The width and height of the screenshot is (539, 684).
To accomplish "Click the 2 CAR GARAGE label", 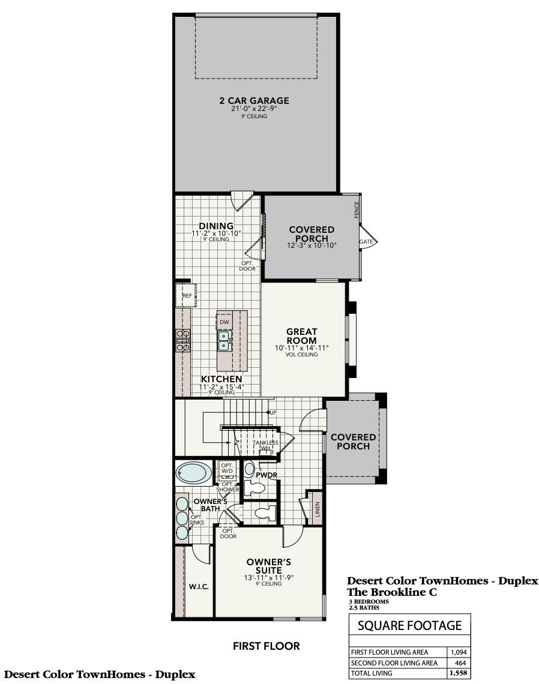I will pos(253,101).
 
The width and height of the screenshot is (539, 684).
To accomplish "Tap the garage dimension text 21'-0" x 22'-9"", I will pos(253,109).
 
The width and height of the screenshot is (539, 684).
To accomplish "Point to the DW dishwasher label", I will pos(224,322).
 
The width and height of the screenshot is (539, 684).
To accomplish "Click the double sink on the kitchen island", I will pos(224,341).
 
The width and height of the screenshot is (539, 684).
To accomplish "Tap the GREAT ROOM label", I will pos(301,336).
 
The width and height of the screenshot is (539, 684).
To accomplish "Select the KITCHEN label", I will pos(221,379).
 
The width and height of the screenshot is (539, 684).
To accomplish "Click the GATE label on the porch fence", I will pos(366,241).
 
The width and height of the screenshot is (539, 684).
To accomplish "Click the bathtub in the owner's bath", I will pos(193,473).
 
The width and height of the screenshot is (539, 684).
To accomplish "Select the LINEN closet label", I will pos(318,509).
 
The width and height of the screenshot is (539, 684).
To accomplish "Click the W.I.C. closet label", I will pos(199,586).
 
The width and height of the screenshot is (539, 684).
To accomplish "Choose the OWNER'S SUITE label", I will pos(269,566).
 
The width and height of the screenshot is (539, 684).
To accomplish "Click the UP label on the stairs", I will pos(273,413).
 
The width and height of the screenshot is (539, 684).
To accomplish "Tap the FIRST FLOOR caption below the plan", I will pos(266,646).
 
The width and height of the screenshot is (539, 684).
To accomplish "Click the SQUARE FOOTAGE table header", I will pos(409,625).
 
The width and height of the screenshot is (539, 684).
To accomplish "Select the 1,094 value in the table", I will pos(459,652).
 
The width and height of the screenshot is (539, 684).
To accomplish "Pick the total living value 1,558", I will pos(459,673).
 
